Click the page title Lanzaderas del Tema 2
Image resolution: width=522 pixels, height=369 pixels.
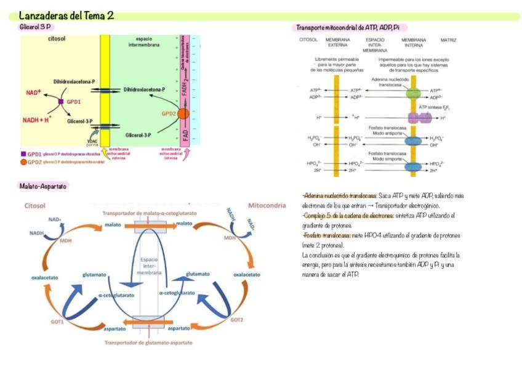coord(66,15)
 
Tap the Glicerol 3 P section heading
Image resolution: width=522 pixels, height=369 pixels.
coord(36,27)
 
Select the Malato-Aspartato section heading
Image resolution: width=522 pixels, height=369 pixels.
coord(43,185)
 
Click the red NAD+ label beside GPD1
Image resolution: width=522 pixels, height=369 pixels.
coord(33,92)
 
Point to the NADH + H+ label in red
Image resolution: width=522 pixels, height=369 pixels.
coord(37,120)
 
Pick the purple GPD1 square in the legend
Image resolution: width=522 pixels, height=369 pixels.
coord(23,154)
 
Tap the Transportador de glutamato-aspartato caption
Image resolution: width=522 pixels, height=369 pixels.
coord(148,343)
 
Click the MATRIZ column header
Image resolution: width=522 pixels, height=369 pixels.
coord(448,40)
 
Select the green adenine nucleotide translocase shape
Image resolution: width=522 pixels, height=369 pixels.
coord(412,94)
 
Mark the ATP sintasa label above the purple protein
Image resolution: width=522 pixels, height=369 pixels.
coord(432,107)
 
